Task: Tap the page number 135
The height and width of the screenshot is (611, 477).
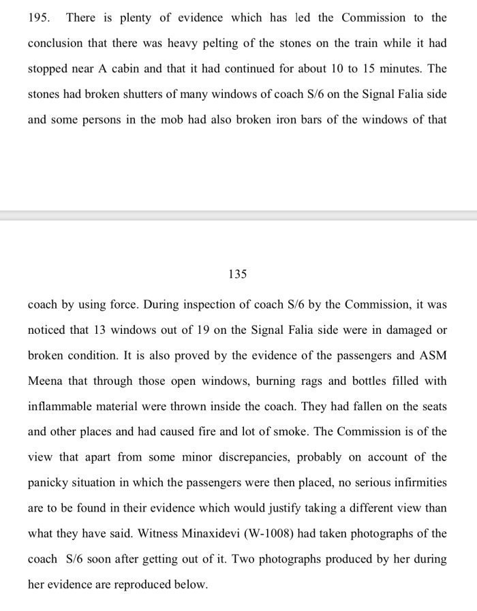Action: point(238,275)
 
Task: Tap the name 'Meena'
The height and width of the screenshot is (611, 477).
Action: point(45,380)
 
